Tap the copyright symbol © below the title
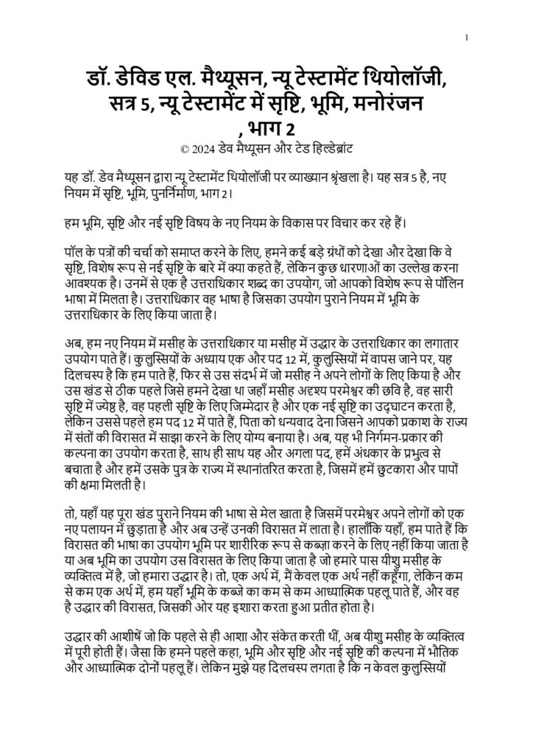[x=183, y=147]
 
